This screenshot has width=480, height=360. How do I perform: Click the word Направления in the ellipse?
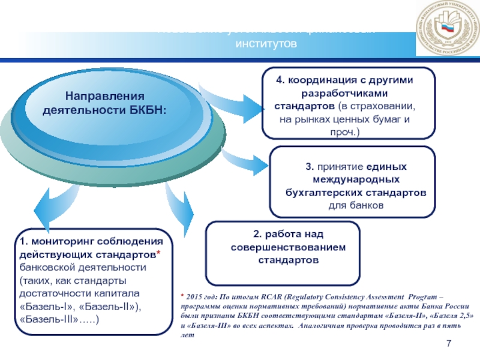click(106, 96)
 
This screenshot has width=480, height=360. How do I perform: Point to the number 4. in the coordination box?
click(280, 80)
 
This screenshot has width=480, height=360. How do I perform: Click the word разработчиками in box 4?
click(337, 93)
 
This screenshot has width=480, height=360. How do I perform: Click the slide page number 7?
click(448, 343)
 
